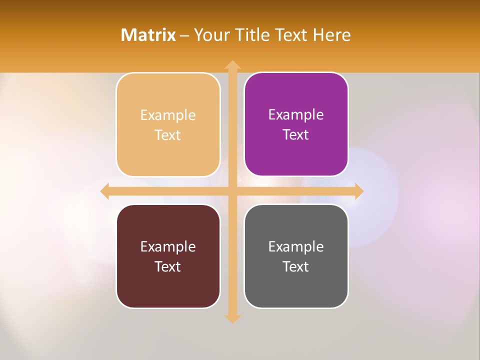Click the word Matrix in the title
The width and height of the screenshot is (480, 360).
point(148,35)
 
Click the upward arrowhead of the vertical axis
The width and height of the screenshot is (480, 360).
point(232,64)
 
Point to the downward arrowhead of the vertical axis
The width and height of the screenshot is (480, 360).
point(232,318)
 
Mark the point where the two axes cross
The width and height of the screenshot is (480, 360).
point(232,191)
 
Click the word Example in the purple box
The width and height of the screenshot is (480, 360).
point(296,114)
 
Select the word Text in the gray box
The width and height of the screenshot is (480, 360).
point(296,266)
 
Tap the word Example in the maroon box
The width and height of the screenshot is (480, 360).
point(168,246)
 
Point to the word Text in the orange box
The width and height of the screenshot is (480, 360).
point(168,135)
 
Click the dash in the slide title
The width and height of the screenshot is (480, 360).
point(184,35)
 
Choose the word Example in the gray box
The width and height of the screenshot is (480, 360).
point(296,246)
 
